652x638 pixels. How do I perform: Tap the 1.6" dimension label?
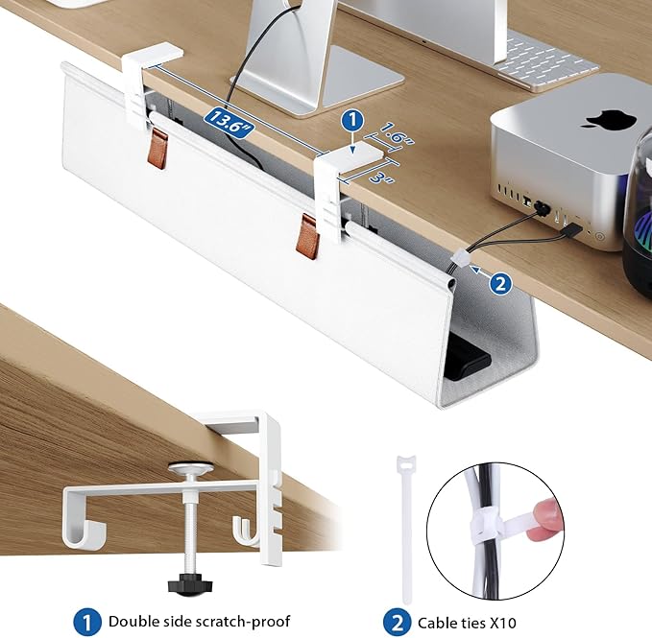[x=396, y=133]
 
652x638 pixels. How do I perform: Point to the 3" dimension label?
[x=380, y=177]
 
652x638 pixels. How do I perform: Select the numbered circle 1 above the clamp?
[x=352, y=121]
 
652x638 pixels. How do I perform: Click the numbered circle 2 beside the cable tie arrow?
[x=501, y=283]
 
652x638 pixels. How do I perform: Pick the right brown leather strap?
[x=308, y=237]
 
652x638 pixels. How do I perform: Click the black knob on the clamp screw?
[x=190, y=585]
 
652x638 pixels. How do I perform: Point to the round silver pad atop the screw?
[x=191, y=468]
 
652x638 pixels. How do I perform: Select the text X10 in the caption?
[x=502, y=623]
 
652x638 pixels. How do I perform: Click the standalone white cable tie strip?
[x=406, y=529]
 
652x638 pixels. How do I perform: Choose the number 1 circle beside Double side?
[x=87, y=623]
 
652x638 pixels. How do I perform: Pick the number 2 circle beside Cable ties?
[x=398, y=623]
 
